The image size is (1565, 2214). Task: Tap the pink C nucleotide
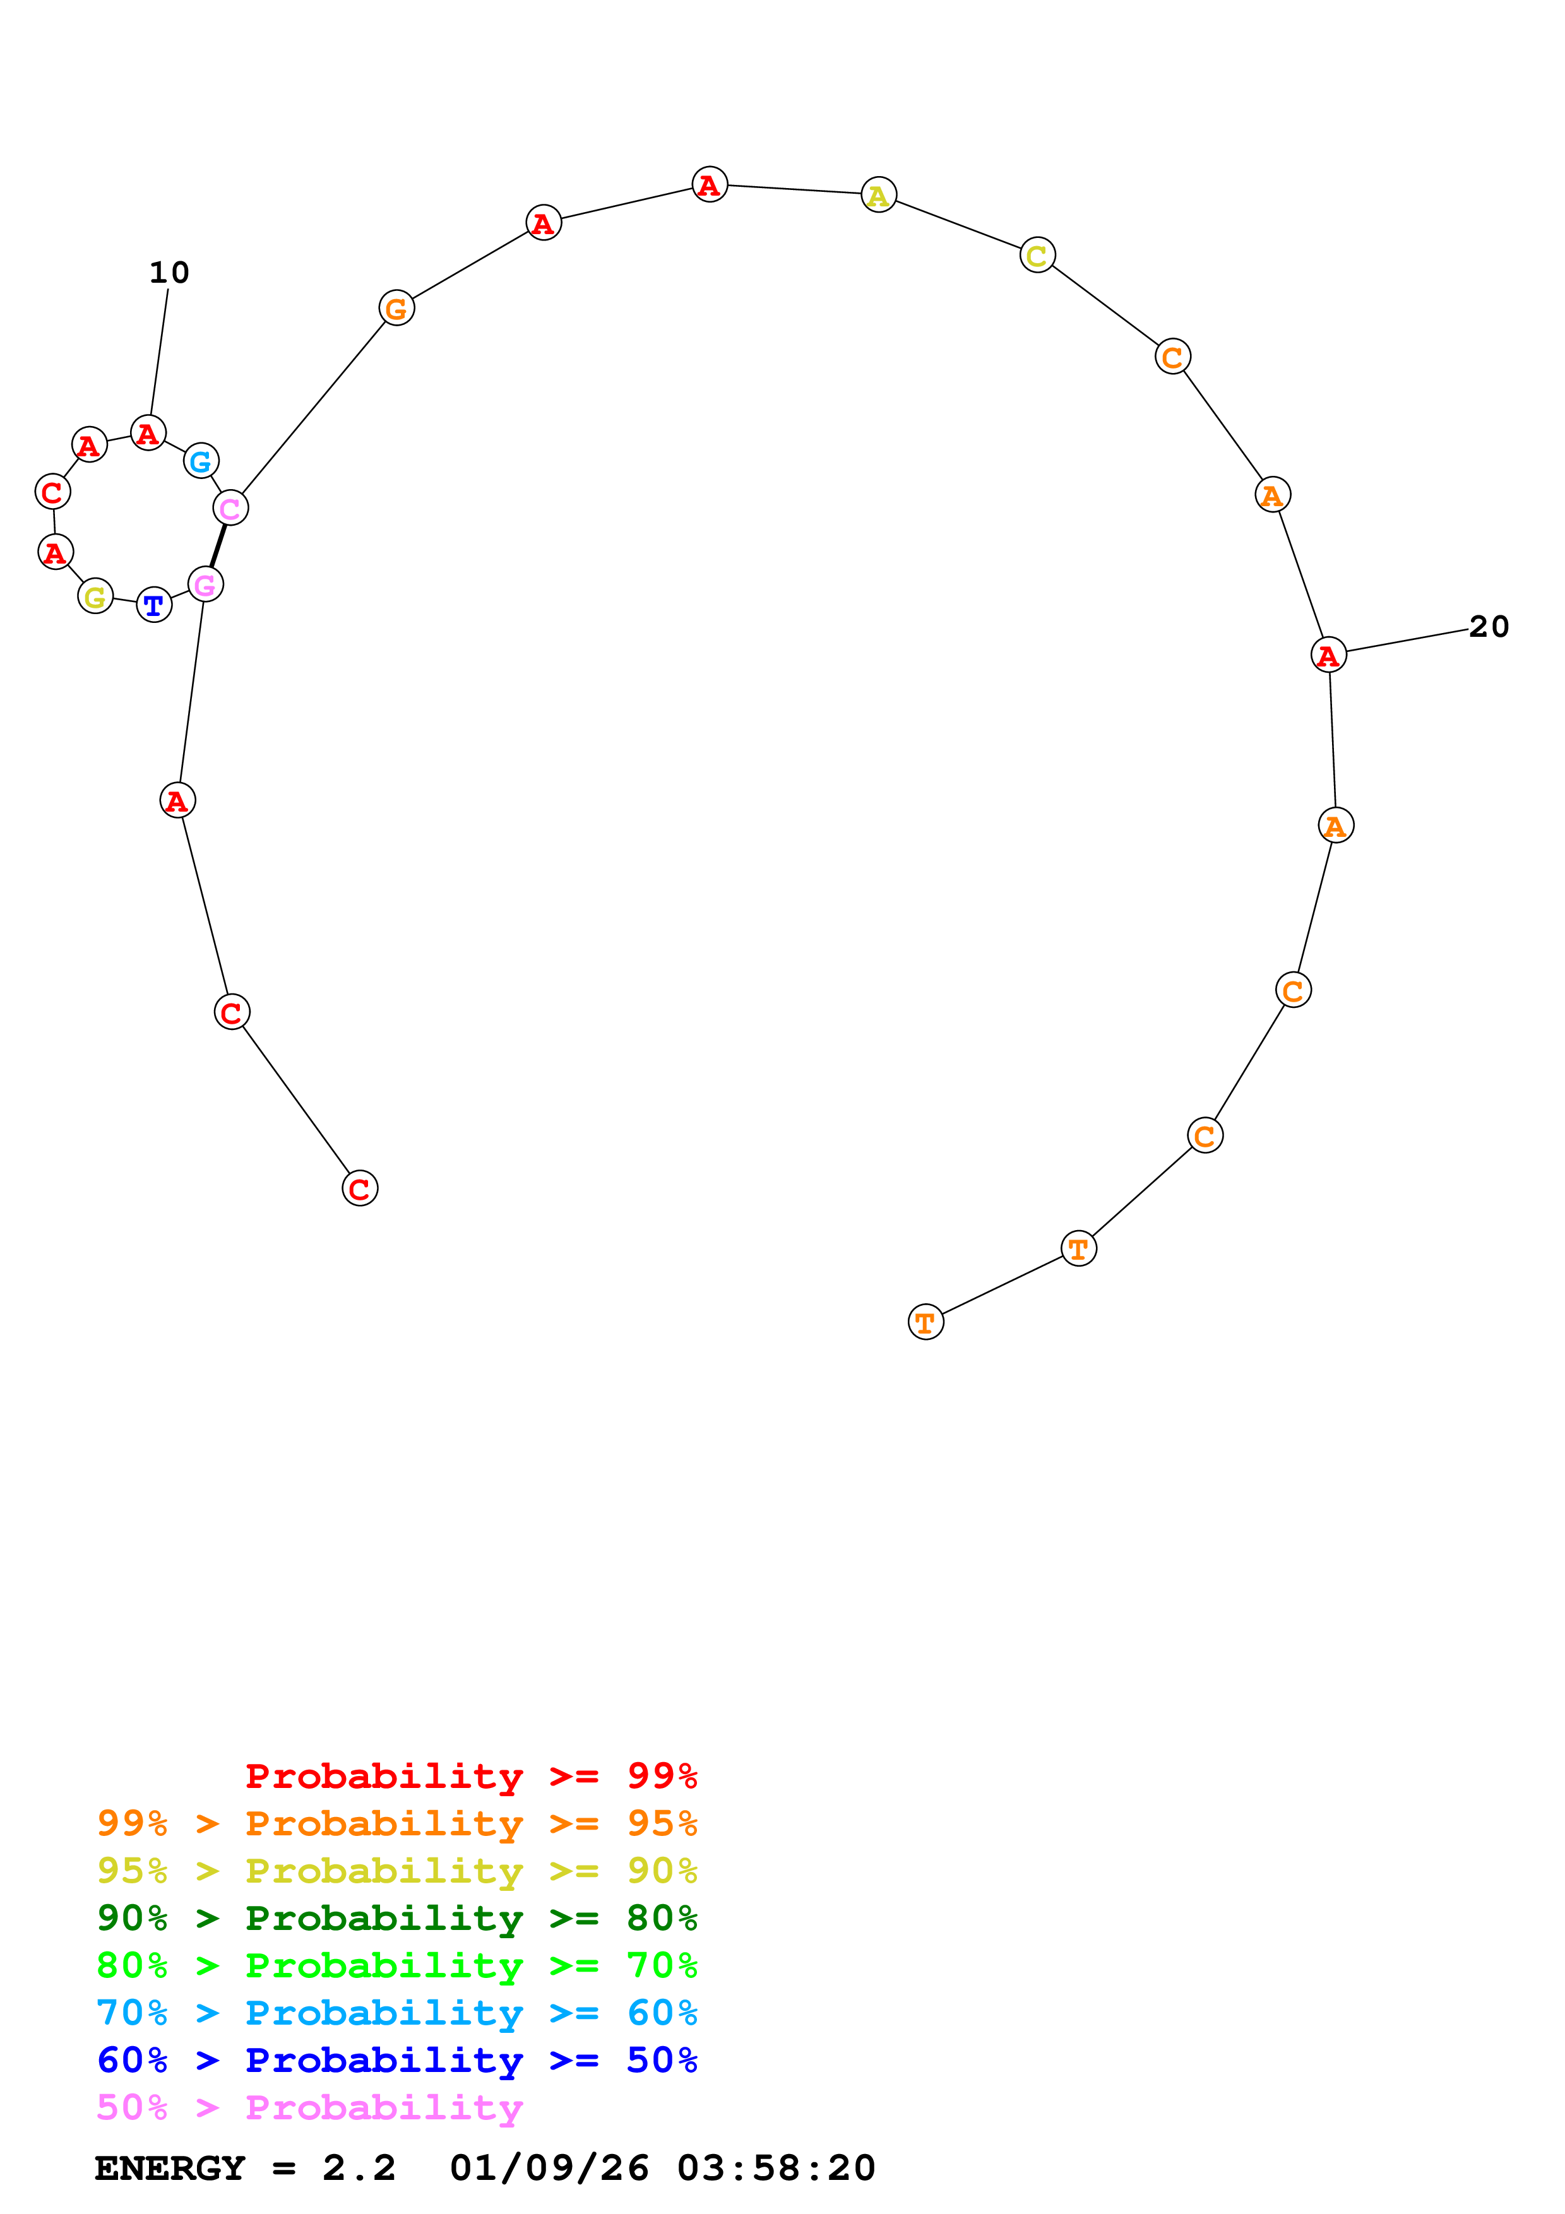tap(230, 507)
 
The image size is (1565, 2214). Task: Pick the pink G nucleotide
tap(205, 584)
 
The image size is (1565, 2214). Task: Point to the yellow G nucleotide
tap(95, 597)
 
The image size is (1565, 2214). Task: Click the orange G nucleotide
tap(396, 309)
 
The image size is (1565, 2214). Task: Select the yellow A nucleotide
tap(878, 196)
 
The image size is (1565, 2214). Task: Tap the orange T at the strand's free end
tap(925, 1322)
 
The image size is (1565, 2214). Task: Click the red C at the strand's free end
tap(360, 1189)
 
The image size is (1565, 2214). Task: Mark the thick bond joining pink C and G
tap(218, 546)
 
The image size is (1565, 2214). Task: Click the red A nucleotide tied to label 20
tap(1328, 654)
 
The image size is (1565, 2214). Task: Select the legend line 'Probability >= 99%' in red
tap(470, 1775)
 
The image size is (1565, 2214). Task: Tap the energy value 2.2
tap(359, 2169)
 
